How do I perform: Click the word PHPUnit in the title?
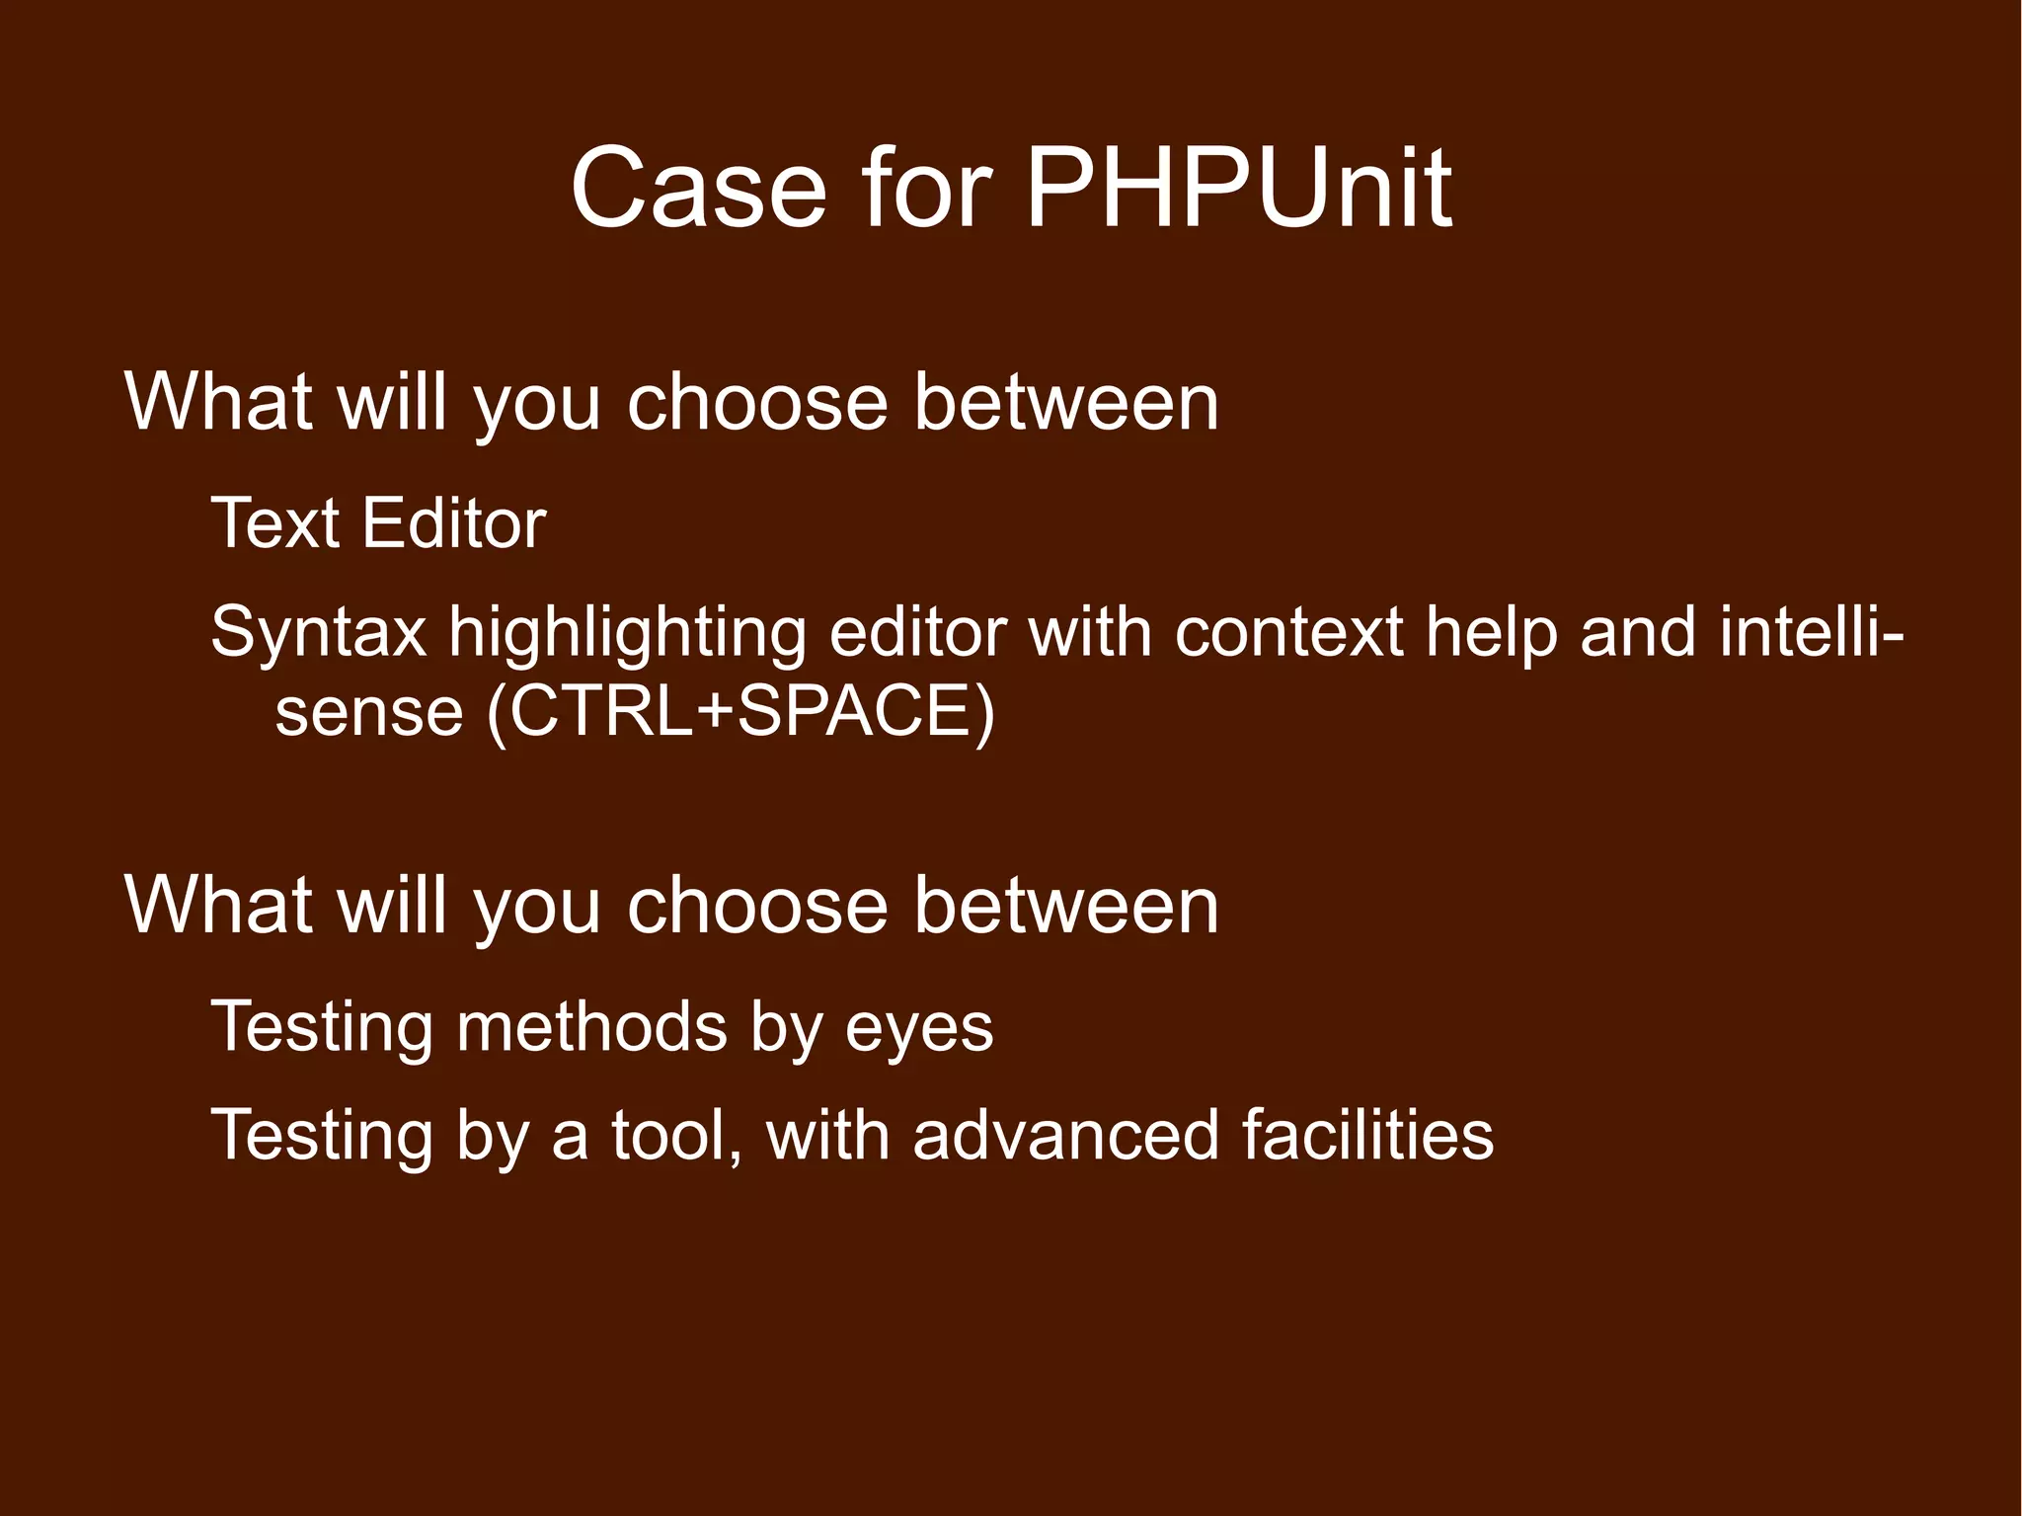(x=1239, y=188)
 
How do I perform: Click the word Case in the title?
(x=698, y=188)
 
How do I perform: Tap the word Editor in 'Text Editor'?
(x=454, y=523)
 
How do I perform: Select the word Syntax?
(x=319, y=634)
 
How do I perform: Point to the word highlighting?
(x=628, y=634)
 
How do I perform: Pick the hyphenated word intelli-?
(x=1812, y=632)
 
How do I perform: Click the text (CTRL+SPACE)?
(x=740, y=711)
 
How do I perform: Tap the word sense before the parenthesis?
(x=368, y=713)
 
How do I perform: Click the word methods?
(x=591, y=1027)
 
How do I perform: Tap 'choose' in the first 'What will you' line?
(x=757, y=403)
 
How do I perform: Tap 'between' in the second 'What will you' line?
(x=1066, y=906)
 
